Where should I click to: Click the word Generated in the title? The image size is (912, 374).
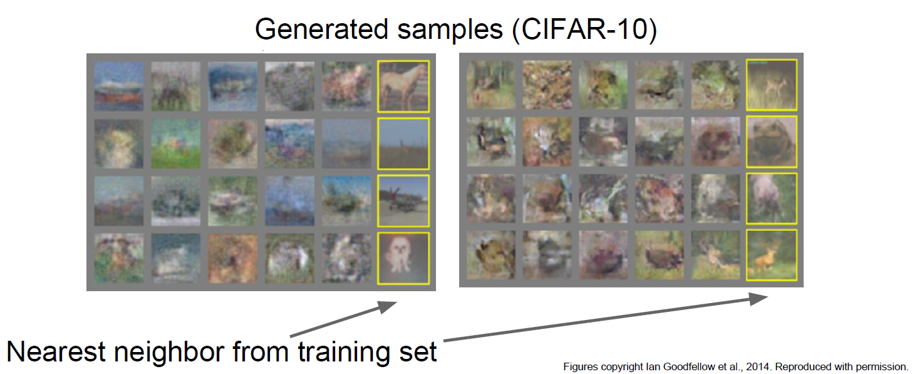[322, 29]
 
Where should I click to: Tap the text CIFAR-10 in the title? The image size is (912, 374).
[584, 29]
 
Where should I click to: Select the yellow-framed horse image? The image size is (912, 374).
[403, 86]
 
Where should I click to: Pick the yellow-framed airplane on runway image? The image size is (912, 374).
[403, 201]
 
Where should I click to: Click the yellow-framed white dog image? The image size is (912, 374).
[403, 258]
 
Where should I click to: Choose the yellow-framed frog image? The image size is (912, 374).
[771, 142]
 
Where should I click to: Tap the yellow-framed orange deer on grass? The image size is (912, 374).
[771, 255]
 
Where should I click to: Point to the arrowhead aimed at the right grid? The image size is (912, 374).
[758, 299]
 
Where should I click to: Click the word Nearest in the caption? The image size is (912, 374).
[56, 351]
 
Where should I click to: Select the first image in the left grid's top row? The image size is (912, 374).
[119, 86]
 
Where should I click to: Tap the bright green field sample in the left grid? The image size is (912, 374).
[176, 144]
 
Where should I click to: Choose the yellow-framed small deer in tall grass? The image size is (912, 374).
[771, 85]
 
